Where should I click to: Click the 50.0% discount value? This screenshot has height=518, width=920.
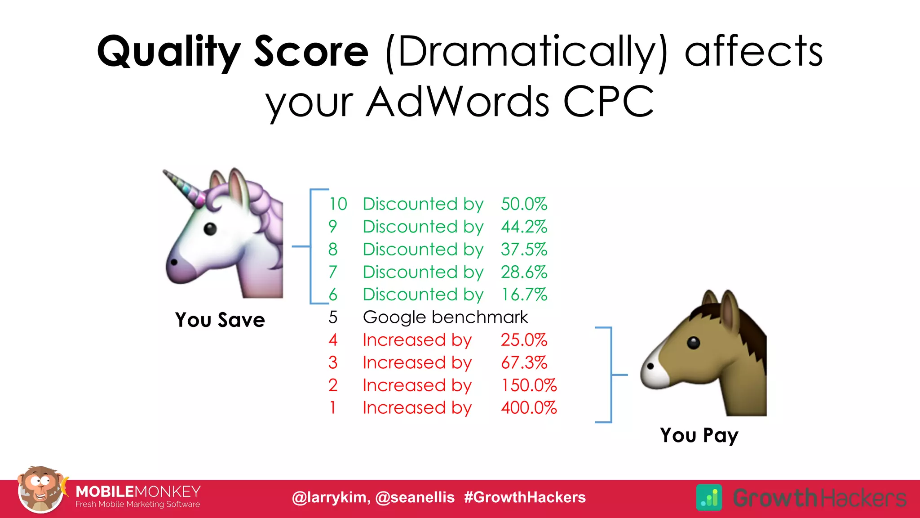point(524,204)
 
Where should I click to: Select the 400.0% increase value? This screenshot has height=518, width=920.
point(529,408)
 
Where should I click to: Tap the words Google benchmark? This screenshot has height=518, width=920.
point(445,317)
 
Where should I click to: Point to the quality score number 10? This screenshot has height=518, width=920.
point(338,204)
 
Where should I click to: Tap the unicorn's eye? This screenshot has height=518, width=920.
point(210,229)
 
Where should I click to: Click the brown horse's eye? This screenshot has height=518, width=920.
point(693,343)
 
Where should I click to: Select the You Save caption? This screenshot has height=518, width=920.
point(220,320)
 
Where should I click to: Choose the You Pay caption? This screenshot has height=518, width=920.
point(699,435)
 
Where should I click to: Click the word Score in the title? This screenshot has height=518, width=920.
point(311,51)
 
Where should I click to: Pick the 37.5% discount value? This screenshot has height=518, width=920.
point(524,250)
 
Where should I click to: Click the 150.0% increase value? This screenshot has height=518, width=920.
point(529,385)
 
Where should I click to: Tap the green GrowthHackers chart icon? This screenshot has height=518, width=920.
point(709,497)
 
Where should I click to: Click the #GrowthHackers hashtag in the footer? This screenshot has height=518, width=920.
point(525,497)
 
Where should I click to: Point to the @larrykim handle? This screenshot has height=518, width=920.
point(331,497)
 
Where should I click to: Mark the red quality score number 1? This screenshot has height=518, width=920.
point(332,408)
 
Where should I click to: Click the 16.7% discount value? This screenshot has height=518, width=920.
point(524,295)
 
